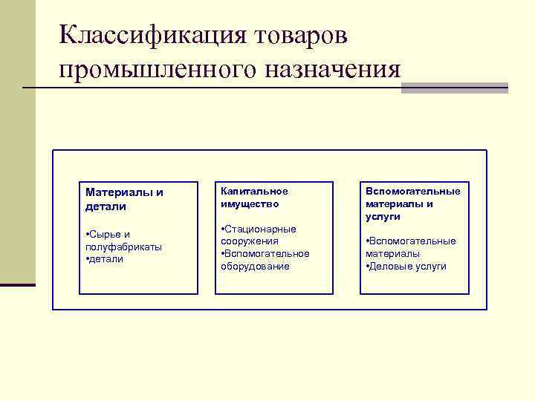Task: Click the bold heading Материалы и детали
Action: tap(125, 199)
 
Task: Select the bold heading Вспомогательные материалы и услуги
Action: tap(412, 203)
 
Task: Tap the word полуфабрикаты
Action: tap(124, 247)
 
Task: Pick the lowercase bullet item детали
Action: tap(106, 259)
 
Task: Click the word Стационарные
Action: tap(260, 229)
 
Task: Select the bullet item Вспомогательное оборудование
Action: tap(265, 259)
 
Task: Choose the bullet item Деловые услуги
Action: tap(408, 266)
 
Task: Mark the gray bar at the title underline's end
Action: tap(454, 88)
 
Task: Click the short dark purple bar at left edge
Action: tap(17, 284)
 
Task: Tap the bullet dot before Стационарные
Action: tap(223, 229)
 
